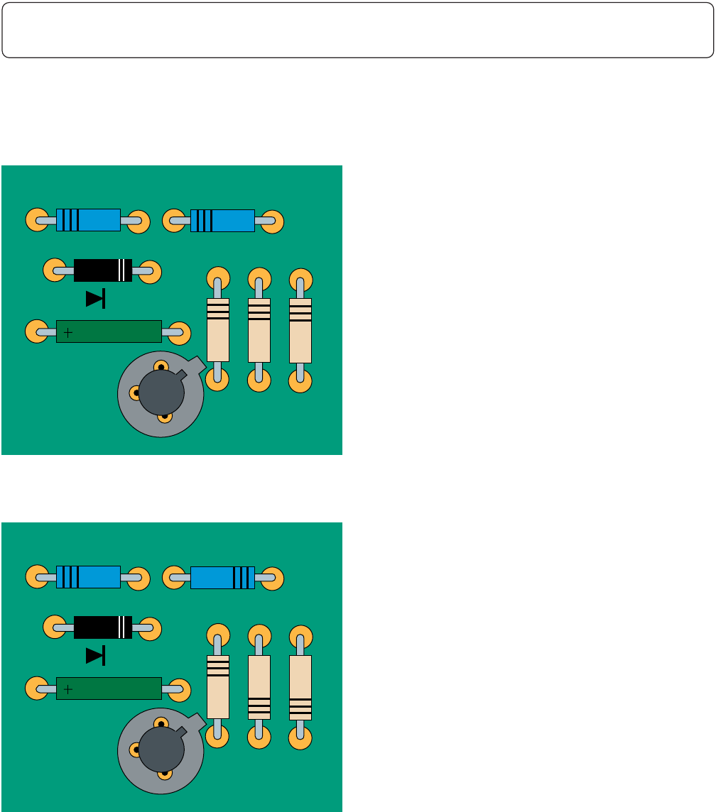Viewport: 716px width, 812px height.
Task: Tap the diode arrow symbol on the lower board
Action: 95,656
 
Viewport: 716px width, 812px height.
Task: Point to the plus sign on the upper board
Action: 68,331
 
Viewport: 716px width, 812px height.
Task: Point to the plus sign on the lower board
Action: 68,688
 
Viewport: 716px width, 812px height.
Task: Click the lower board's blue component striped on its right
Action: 222,578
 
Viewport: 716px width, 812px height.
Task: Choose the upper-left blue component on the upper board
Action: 88,220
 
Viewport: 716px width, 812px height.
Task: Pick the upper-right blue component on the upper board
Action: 222,221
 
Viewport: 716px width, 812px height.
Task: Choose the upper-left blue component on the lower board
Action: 88,577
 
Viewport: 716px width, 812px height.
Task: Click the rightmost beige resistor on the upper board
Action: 300,330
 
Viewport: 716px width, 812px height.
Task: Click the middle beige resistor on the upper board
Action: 259,330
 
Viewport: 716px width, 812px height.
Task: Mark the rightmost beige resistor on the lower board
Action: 300,687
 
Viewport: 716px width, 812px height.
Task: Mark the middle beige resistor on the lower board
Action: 259,687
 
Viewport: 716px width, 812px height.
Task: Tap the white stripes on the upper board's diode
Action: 124,270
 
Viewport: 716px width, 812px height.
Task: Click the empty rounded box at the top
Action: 357,30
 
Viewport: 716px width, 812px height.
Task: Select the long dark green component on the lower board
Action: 109,688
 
